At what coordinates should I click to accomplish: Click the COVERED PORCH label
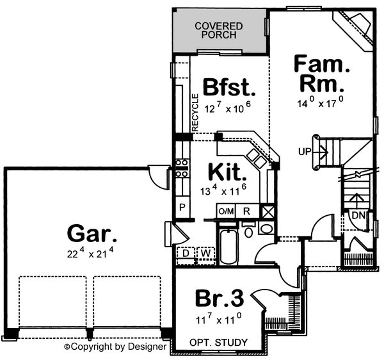220,29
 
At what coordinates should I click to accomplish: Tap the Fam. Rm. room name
319,74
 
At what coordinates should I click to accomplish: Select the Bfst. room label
229,86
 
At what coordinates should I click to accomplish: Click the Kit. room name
225,172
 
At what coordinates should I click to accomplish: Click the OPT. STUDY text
218,343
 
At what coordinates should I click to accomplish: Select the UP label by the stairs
305,152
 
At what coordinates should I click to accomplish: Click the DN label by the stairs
358,215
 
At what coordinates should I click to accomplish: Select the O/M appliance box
226,211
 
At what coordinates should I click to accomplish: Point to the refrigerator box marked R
246,211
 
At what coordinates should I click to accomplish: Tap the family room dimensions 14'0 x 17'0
319,102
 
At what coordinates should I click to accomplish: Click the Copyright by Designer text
115,347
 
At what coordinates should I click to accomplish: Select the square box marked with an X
268,212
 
